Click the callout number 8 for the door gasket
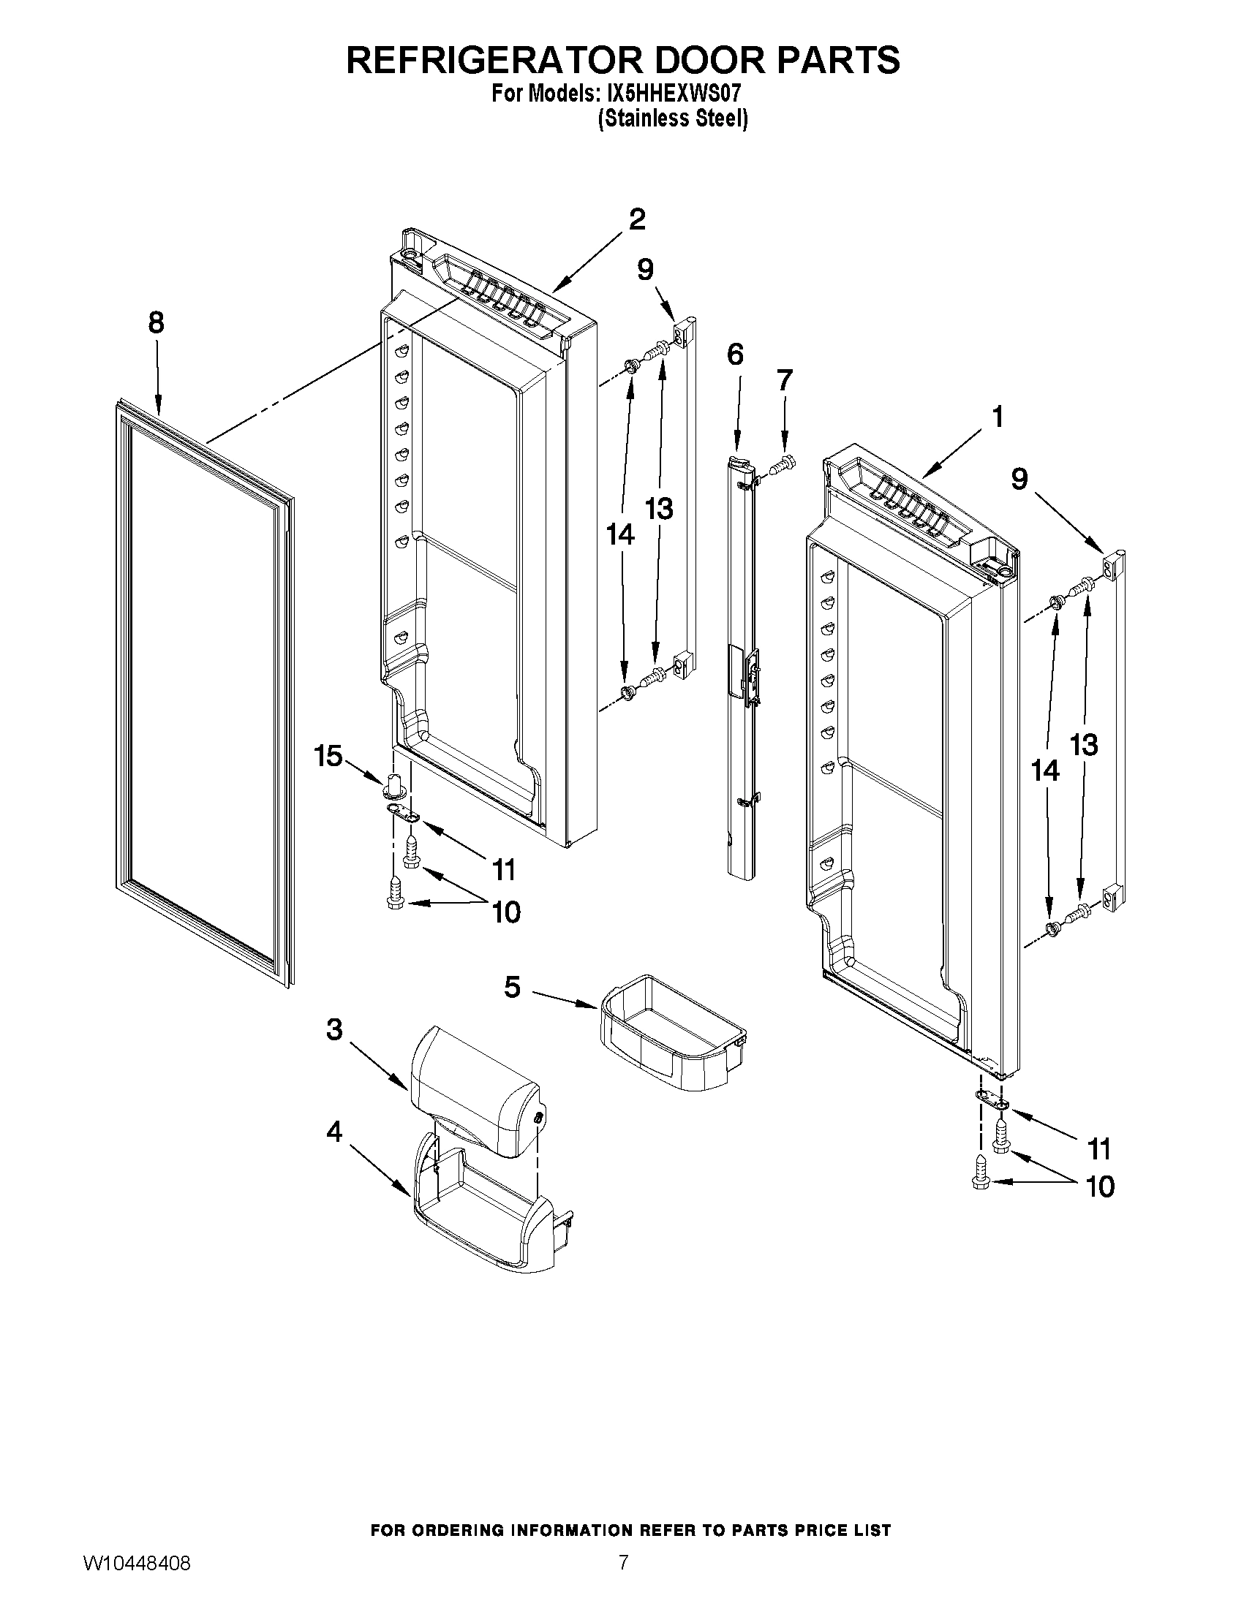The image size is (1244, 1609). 157,322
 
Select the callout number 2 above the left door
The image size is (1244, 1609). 637,219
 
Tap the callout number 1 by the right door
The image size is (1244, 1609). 997,417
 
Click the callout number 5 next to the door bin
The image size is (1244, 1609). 512,986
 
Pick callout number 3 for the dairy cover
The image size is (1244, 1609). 334,1029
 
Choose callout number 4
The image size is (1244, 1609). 334,1132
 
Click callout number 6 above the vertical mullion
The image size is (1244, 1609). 735,355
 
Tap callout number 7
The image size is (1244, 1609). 784,380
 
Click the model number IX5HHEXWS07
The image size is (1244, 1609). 671,94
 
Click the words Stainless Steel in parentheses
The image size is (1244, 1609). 672,118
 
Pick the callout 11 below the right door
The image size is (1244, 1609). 1098,1148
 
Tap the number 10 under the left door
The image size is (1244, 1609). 505,913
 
